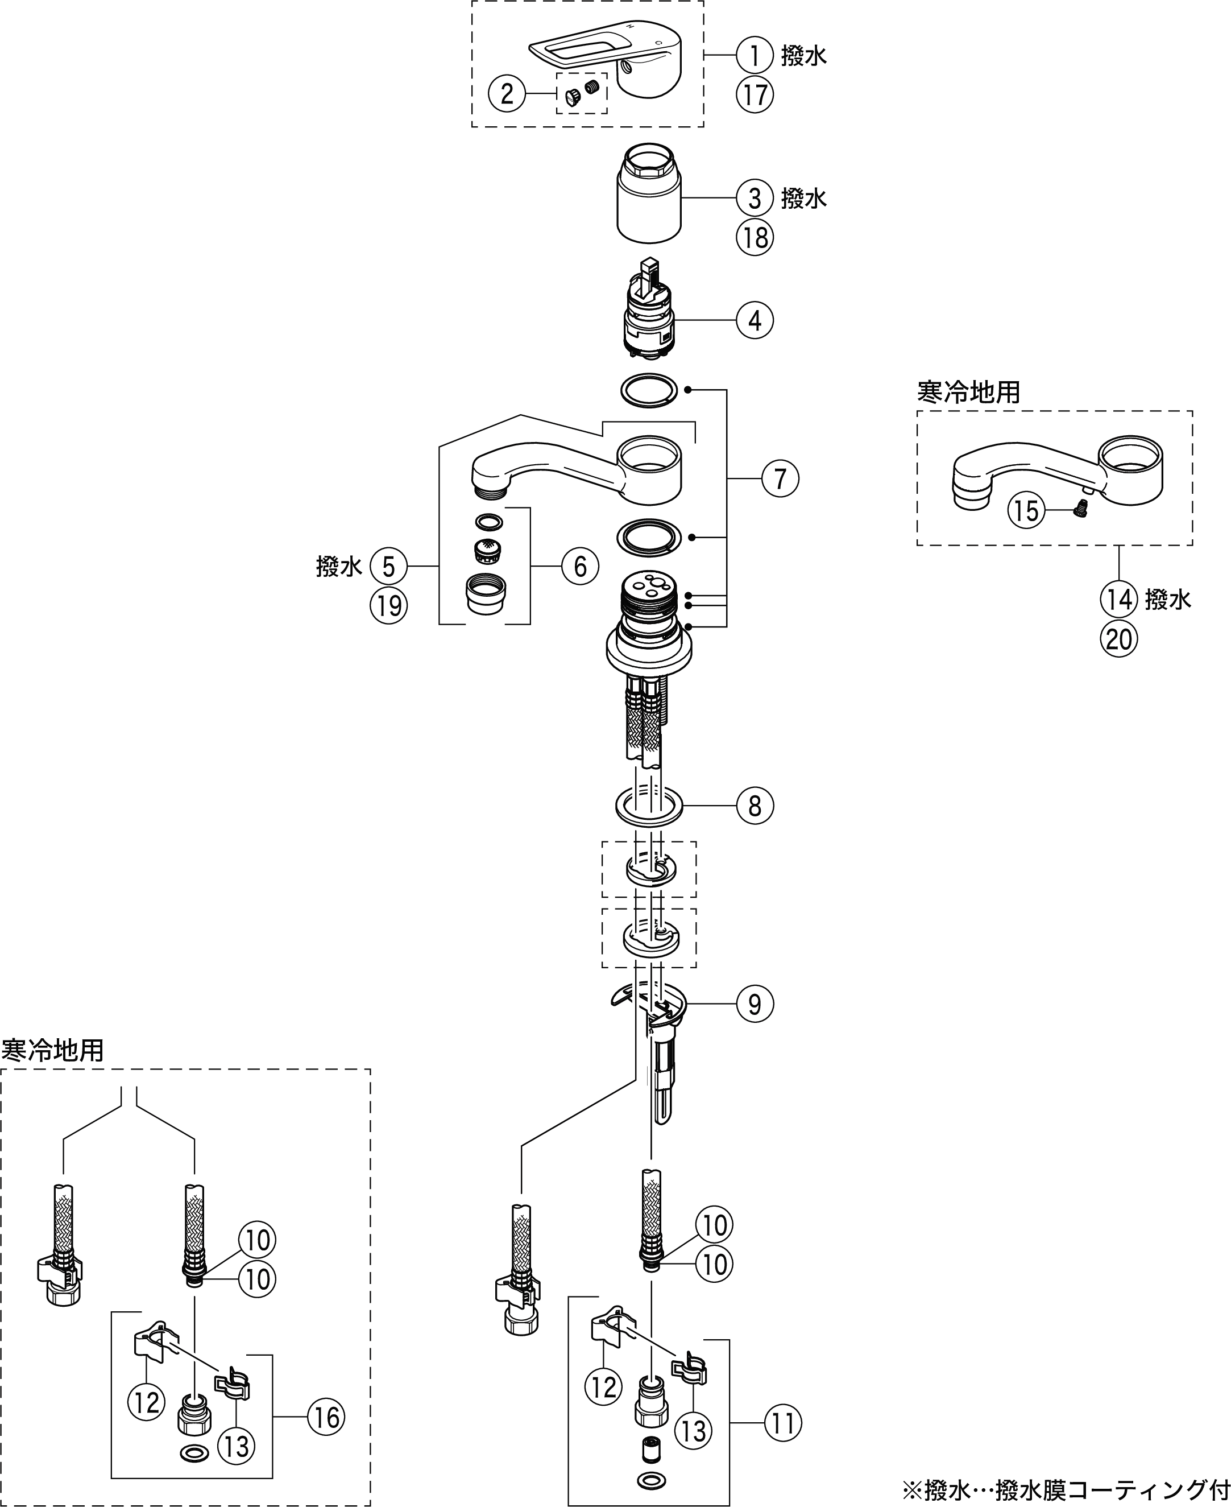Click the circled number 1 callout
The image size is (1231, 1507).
[x=755, y=55]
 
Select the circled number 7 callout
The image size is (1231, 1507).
[x=780, y=479]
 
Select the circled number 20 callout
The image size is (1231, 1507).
[x=1118, y=639]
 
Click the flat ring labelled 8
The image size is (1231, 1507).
[x=649, y=806]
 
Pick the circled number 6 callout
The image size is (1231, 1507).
[x=580, y=566]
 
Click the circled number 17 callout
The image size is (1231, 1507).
[x=755, y=94]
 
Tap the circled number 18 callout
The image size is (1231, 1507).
[x=755, y=237]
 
